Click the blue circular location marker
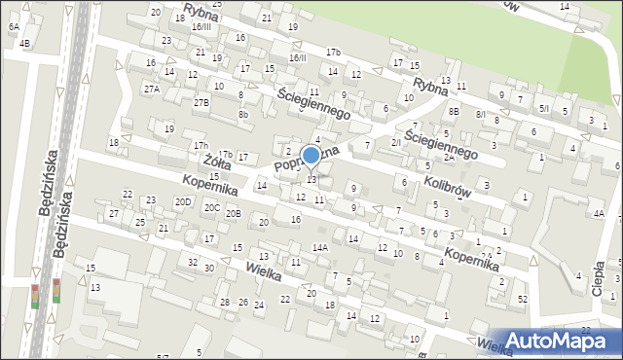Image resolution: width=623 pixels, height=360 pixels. coord(311,156)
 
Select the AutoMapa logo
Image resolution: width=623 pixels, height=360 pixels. coord(561,340)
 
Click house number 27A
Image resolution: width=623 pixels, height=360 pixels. coord(152,89)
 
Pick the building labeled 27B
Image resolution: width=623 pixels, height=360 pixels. coord(202,102)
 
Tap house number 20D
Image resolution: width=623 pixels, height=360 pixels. coord(183,201)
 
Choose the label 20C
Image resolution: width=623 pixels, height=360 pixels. coord(211,207)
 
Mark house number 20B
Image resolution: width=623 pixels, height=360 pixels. coord(233,213)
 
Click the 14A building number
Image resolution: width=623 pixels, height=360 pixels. coord(319,247)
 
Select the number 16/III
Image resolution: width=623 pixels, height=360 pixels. coord(202,26)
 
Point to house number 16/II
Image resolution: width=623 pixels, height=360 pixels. coord(297,57)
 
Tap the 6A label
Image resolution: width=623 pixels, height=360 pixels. coord(14,27)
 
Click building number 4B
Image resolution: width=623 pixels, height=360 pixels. coord(24,44)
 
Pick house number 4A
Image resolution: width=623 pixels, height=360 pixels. coord(599,213)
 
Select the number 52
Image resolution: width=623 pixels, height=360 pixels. coord(523,298)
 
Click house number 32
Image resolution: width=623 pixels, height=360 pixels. coord(193,263)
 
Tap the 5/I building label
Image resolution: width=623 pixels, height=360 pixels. coord(543,109)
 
